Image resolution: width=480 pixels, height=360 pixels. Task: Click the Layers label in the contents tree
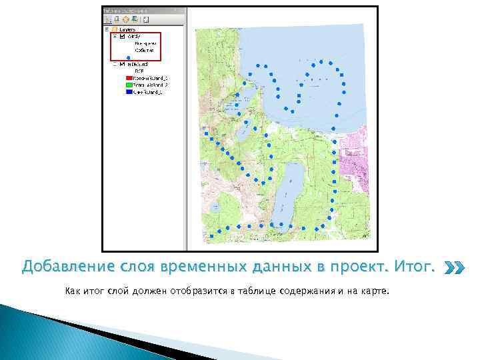pos(128,29)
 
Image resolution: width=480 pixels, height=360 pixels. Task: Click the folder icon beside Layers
pos(115,29)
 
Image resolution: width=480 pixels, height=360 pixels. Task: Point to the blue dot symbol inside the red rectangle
pos(128,57)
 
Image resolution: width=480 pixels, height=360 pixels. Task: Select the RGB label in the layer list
pos(139,71)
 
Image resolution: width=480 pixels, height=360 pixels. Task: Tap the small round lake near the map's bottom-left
pos(215,209)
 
